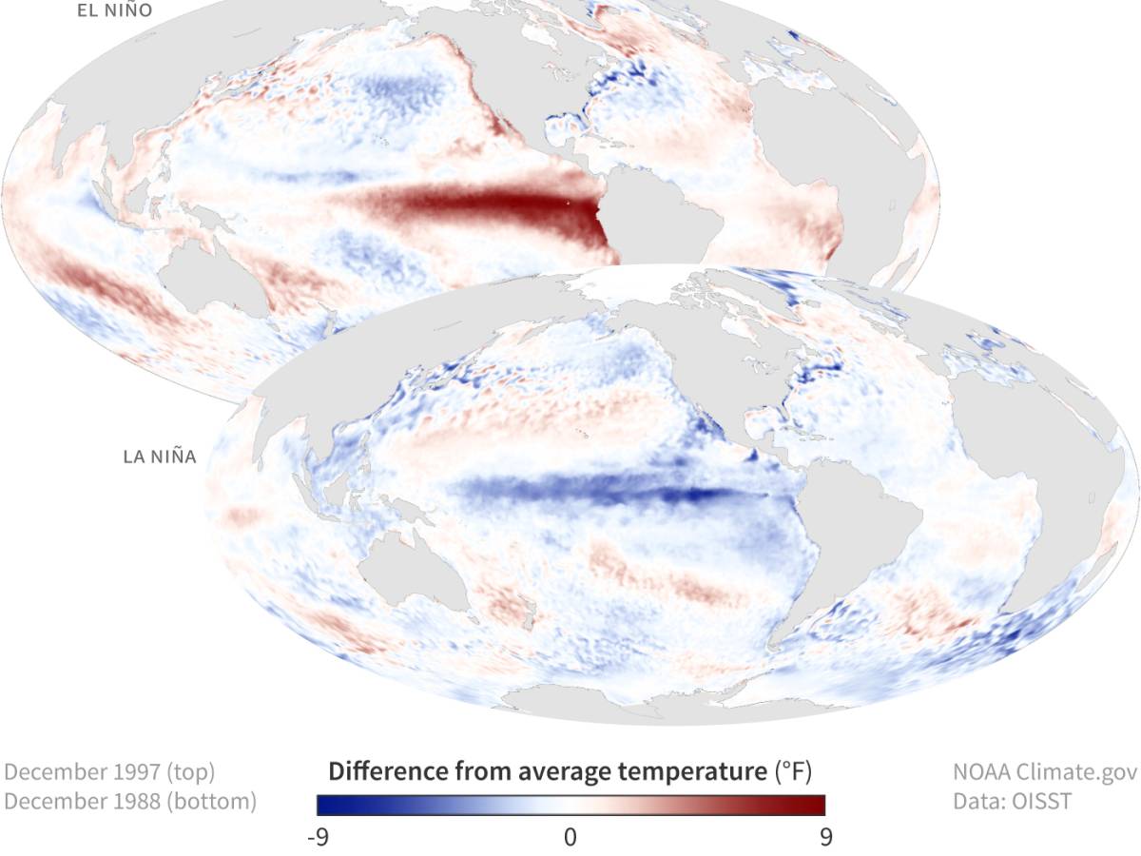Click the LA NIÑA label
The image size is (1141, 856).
tap(160, 457)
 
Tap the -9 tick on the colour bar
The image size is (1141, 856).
tap(319, 837)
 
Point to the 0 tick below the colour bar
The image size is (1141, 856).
tap(570, 837)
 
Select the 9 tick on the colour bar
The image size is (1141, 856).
tap(824, 837)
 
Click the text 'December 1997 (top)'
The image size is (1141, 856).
tap(109, 771)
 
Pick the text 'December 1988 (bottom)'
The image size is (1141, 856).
tap(130, 802)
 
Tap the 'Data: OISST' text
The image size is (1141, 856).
tap(1013, 802)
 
